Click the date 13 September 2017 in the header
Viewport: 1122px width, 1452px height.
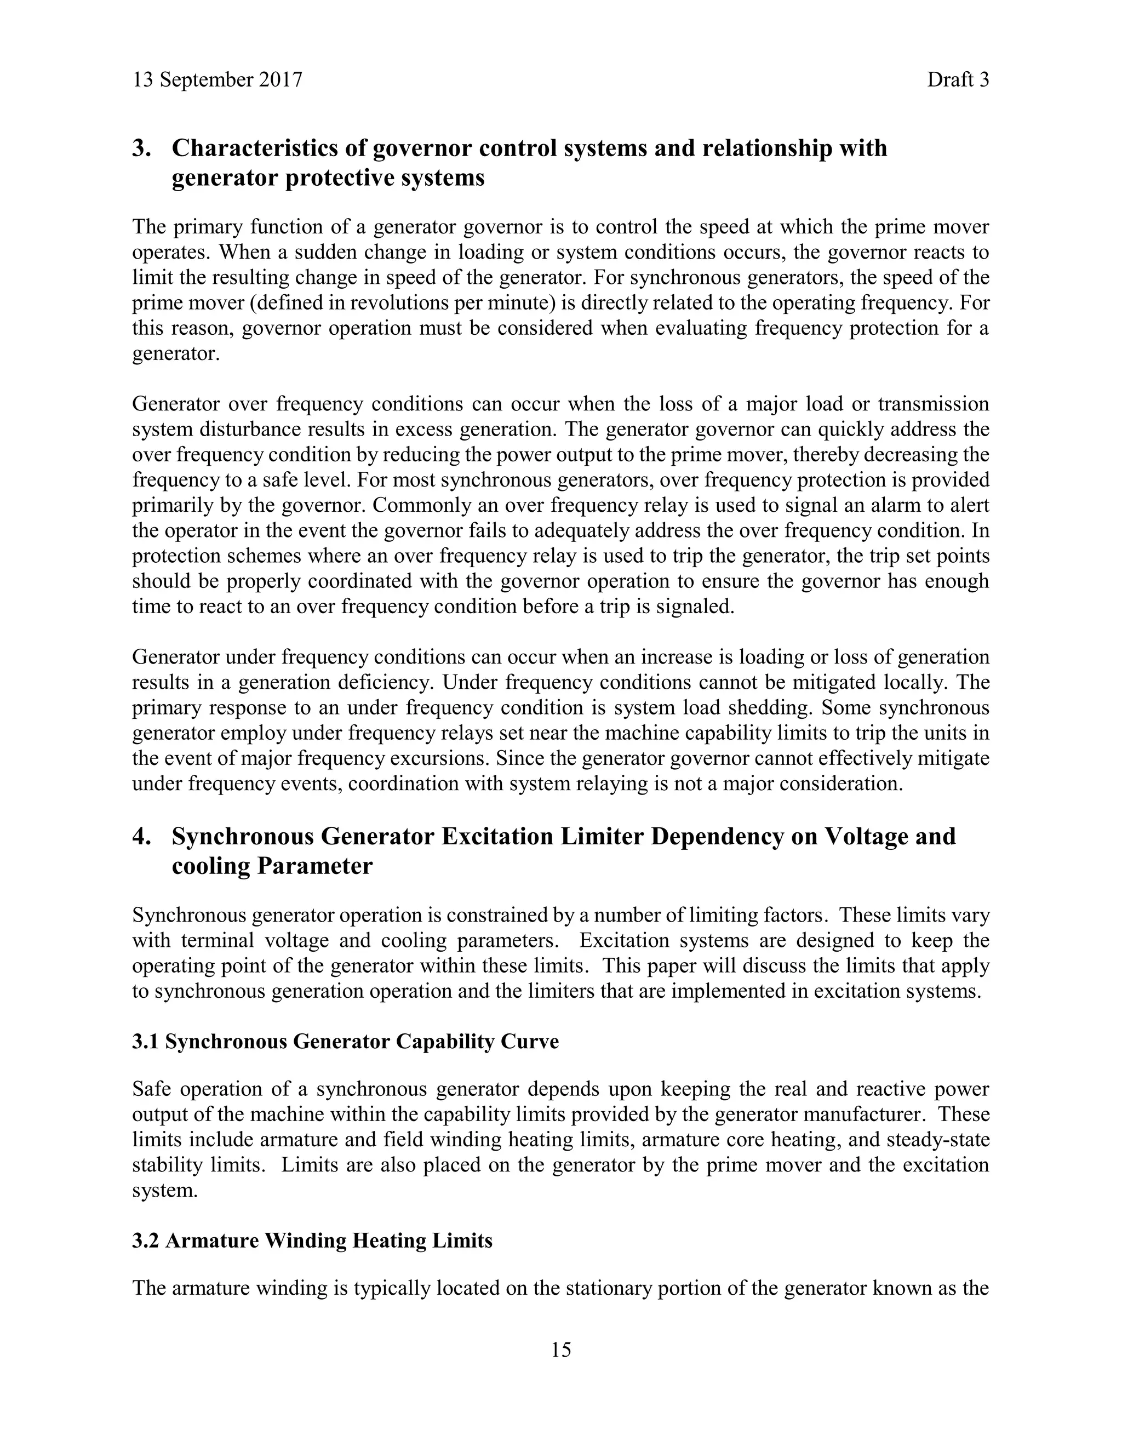(x=217, y=80)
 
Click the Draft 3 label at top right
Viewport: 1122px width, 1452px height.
(x=958, y=80)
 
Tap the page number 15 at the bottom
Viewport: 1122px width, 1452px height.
(x=560, y=1350)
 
